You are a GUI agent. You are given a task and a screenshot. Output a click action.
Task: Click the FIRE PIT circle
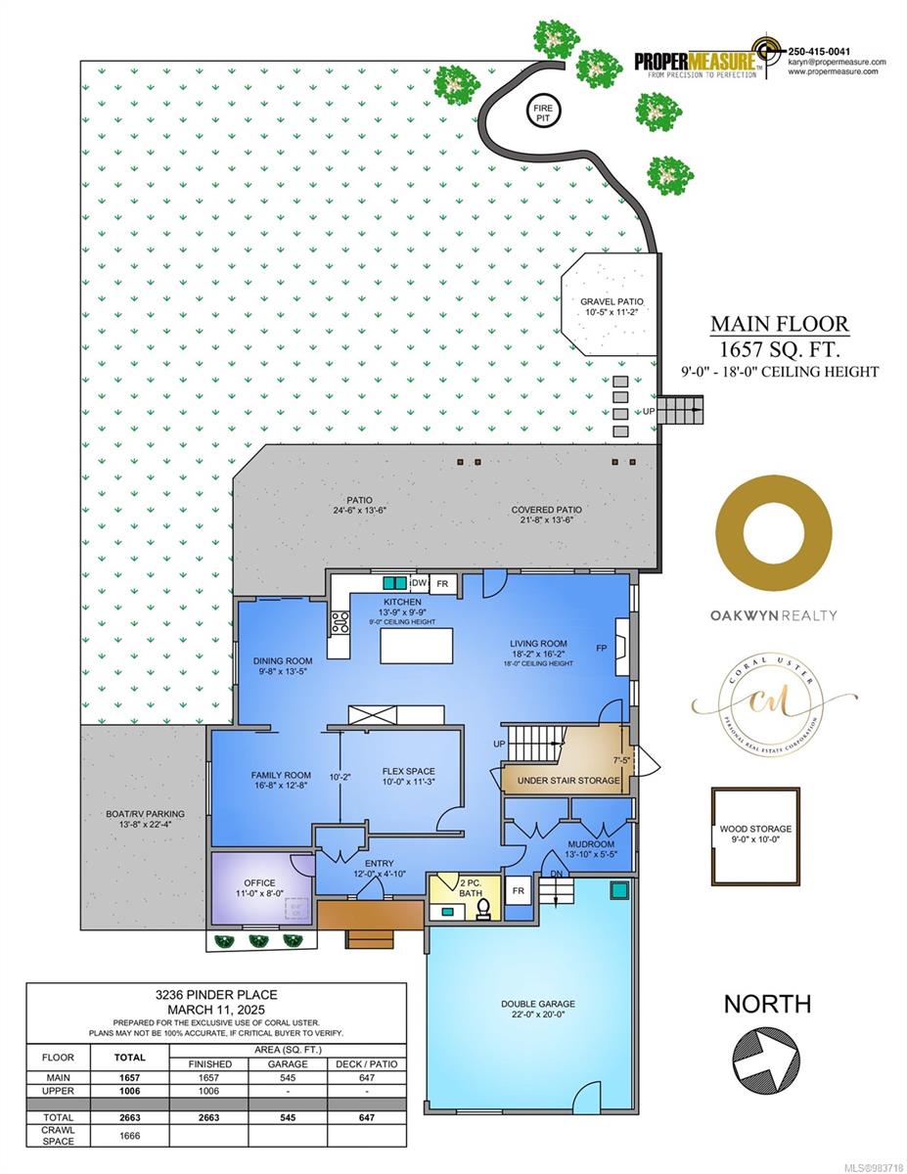542,111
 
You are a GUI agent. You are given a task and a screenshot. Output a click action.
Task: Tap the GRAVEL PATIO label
612,302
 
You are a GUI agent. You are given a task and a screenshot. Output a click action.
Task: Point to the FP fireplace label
601,648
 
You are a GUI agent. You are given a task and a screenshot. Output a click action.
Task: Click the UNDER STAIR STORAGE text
562,780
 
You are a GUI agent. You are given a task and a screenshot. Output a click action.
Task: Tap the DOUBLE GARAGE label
538,1004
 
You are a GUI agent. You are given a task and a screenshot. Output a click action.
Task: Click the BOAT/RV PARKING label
145,813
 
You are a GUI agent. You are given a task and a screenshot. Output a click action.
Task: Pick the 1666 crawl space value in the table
129,1136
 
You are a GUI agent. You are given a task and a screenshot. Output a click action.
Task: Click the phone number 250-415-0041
819,51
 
